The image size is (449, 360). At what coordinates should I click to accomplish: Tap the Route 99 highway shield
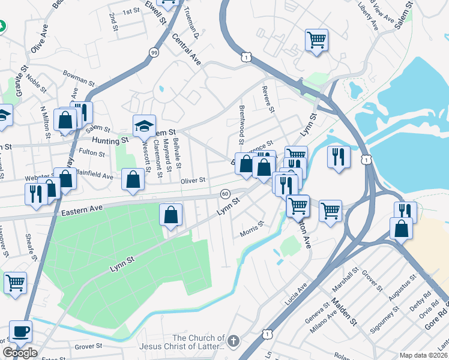[154, 53]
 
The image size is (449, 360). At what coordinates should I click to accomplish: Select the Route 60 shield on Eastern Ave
[224, 194]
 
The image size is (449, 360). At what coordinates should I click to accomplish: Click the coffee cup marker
[21, 331]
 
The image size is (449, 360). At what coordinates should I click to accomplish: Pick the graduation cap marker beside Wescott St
[144, 126]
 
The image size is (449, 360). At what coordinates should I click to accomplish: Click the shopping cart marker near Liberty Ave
[316, 40]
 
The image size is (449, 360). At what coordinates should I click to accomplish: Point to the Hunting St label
[110, 140]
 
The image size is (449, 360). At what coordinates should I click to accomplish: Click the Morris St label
[252, 228]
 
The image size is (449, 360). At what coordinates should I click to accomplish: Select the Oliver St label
[193, 180]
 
